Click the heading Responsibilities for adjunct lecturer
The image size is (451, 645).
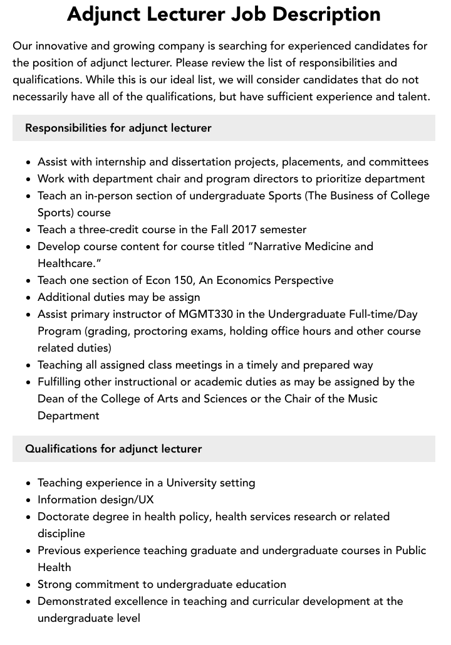coord(118,128)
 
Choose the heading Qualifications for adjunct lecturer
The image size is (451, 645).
coord(113,449)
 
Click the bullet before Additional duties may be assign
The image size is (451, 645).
coord(28,298)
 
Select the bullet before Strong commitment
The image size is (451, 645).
coord(28,585)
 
